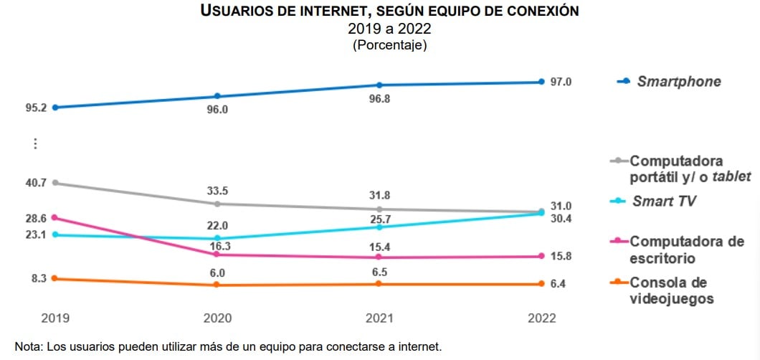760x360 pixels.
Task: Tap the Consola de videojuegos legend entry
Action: (671, 290)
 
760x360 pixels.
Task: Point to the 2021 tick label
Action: (379, 318)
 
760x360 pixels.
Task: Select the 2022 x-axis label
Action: (541, 318)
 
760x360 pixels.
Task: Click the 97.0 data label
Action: (561, 82)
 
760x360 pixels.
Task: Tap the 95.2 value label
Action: (35, 108)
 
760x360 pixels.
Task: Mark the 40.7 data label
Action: (35, 183)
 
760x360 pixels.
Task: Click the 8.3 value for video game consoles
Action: (39, 278)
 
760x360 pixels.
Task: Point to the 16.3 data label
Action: (218, 245)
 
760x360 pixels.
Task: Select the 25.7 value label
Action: (379, 218)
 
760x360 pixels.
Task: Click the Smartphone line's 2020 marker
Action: (218, 96)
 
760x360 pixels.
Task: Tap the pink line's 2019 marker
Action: (55, 217)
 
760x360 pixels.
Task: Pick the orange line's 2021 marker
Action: (379, 284)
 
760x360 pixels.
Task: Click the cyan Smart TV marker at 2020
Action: (218, 238)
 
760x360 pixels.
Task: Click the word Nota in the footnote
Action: (28, 347)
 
